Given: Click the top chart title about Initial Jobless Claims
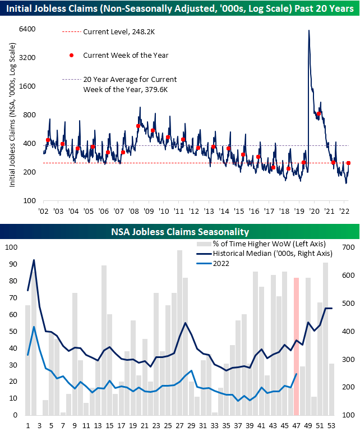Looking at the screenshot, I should pos(180,10).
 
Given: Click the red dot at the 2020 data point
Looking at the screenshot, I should pos(319,114).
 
